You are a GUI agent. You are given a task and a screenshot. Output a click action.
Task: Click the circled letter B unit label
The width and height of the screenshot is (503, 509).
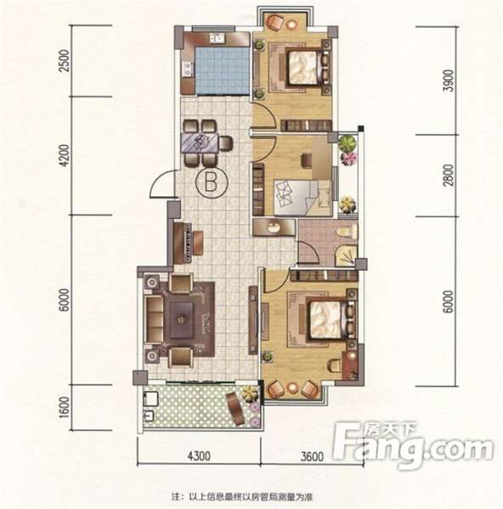click(212, 182)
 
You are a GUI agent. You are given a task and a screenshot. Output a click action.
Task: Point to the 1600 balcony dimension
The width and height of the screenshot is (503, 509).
click(65, 407)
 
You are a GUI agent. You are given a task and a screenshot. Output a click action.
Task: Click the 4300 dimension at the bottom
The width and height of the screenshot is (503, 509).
click(200, 456)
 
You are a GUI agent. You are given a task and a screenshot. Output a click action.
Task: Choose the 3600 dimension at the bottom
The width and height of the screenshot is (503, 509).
click(312, 456)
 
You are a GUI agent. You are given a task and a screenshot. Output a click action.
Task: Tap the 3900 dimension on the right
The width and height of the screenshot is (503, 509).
click(449, 81)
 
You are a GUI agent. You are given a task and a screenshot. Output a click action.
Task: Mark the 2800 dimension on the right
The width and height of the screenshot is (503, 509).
click(449, 176)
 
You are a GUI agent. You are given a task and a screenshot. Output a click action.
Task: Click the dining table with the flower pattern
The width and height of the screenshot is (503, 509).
click(201, 143)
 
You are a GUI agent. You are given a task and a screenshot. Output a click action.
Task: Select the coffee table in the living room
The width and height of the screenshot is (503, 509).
click(182, 320)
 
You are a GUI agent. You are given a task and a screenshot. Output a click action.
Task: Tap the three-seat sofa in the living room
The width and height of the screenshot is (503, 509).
click(155, 320)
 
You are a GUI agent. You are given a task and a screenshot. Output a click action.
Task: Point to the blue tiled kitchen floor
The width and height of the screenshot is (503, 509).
click(222, 71)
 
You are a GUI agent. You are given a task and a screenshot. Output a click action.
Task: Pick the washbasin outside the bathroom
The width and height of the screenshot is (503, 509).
click(273, 227)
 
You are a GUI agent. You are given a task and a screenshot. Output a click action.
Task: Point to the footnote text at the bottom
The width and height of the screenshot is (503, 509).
click(242, 496)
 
